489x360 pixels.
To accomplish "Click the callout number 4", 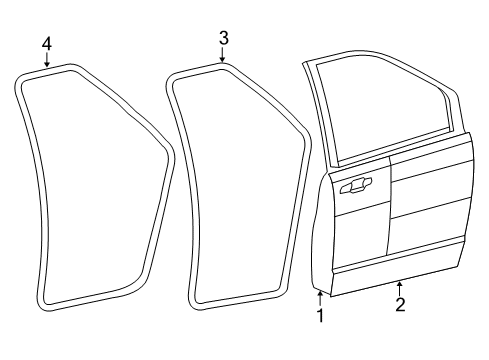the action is tap(47, 44).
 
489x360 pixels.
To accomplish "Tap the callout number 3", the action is tap(224, 38).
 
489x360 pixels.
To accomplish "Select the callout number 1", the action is tap(320, 315).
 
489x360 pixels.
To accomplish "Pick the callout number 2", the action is tap(400, 305).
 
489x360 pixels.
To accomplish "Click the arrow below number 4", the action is tap(47, 60).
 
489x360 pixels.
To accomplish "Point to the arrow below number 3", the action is tap(222, 55).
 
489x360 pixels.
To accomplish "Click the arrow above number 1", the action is tap(320, 298).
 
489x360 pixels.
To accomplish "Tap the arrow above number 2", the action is tap(399, 289).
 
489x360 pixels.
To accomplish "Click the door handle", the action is tap(355, 186).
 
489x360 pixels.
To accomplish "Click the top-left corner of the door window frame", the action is tap(305, 63).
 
